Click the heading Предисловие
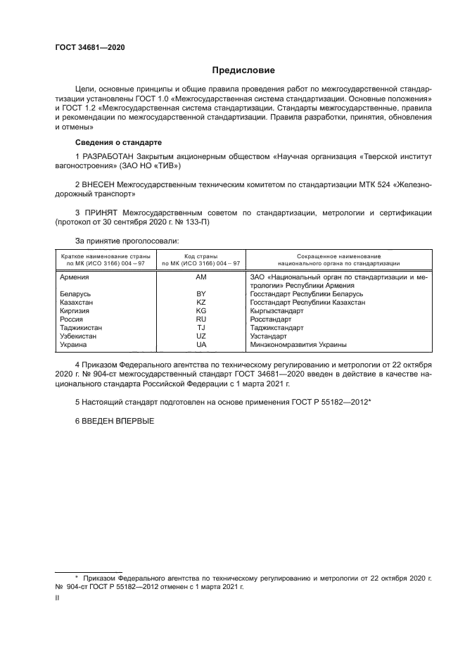(243, 70)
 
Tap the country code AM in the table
(201, 278)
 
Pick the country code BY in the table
(201, 293)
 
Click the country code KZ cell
(201, 302)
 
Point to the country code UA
(201, 345)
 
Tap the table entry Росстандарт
(271, 319)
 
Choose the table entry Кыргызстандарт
(276, 310)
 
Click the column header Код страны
(201, 256)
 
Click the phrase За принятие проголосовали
(121, 240)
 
